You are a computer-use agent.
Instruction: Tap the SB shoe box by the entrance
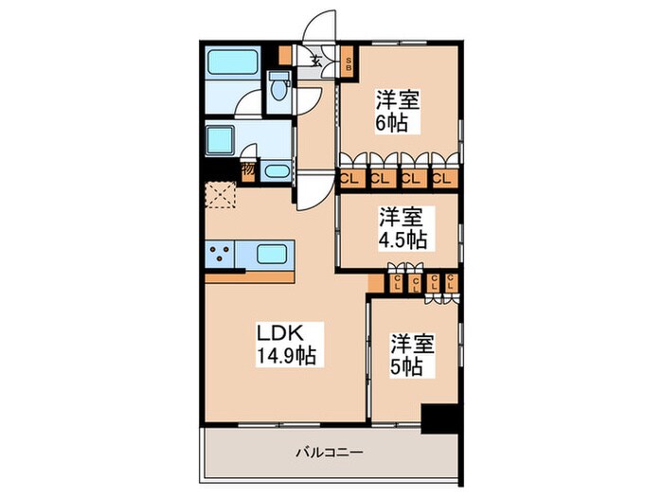click(348, 64)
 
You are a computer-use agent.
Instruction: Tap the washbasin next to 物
click(276, 171)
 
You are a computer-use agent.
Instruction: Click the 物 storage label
click(247, 170)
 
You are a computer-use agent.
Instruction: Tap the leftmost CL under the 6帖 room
click(349, 177)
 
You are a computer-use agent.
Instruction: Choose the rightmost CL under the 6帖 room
click(441, 177)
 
